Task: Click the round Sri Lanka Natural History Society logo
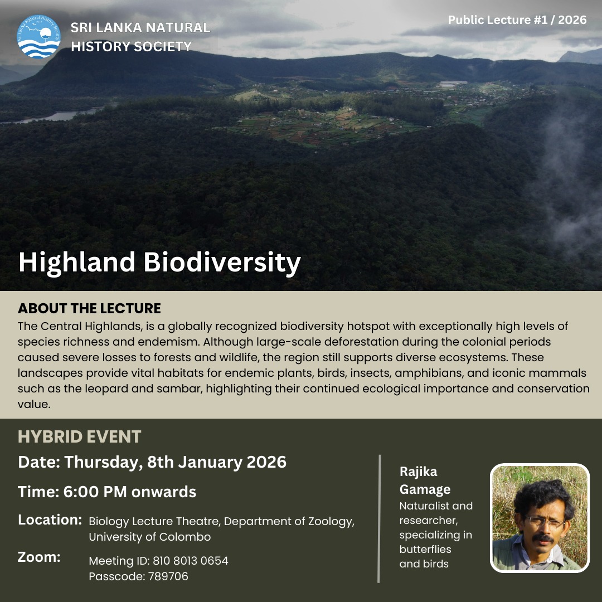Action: click(x=39, y=37)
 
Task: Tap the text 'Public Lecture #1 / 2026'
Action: click(x=517, y=20)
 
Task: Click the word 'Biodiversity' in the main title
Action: click(x=222, y=263)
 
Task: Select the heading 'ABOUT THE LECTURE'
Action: click(x=89, y=308)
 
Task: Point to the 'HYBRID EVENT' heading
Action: click(x=80, y=437)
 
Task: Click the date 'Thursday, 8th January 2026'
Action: click(x=175, y=463)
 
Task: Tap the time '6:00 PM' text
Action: click(x=95, y=492)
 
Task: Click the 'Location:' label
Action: click(x=50, y=520)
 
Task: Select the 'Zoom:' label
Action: click(x=39, y=557)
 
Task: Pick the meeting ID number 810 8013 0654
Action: click(x=191, y=561)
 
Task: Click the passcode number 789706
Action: click(x=168, y=576)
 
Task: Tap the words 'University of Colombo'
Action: click(x=150, y=537)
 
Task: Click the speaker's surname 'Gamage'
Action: click(x=425, y=490)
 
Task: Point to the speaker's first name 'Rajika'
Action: click(x=419, y=472)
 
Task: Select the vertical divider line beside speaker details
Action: click(x=379, y=519)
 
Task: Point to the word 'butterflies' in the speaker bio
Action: click(x=425, y=550)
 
